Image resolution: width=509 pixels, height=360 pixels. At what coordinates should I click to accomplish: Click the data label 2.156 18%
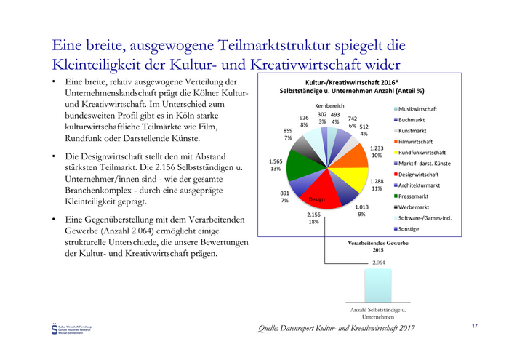[313, 218]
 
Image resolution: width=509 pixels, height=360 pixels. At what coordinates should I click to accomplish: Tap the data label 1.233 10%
[377, 151]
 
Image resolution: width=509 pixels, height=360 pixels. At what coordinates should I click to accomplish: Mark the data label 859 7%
[289, 134]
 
